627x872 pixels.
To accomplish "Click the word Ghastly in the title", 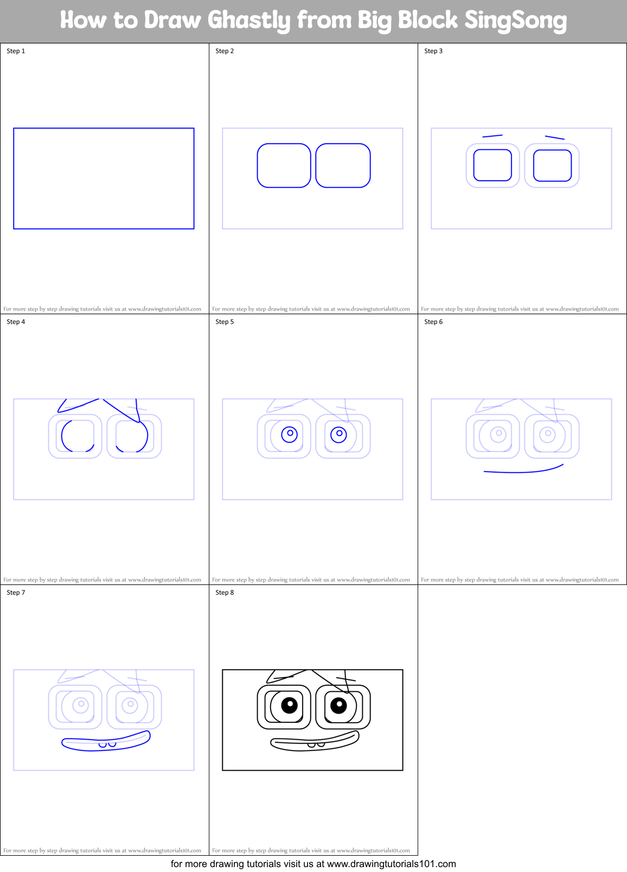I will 249,21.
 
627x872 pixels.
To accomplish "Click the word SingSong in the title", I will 515,21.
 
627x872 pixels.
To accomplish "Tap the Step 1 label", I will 16,51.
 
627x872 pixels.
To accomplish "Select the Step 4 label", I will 16,322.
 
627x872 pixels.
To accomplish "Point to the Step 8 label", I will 225,593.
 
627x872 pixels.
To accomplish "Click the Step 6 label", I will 433,322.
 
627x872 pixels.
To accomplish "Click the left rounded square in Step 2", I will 284,166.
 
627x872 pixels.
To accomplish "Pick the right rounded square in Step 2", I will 343,166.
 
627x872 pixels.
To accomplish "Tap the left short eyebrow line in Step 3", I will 492,136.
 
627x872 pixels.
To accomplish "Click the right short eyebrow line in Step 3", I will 554,137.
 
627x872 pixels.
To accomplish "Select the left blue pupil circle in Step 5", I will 289,434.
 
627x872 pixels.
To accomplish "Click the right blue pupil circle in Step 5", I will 338,434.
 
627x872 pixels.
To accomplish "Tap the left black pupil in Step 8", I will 290,705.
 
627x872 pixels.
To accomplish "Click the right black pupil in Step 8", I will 338,705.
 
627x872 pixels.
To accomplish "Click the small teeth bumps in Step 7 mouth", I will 107,744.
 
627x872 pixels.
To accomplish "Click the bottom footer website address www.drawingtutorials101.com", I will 391,864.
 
